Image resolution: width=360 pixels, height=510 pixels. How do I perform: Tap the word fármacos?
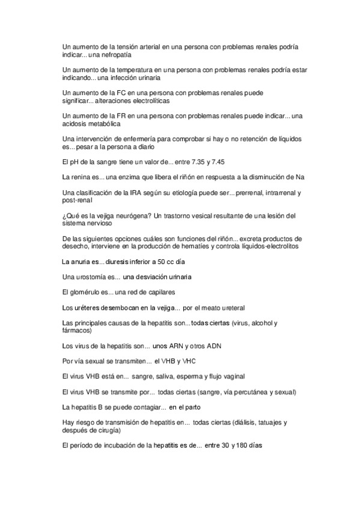click(76, 330)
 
